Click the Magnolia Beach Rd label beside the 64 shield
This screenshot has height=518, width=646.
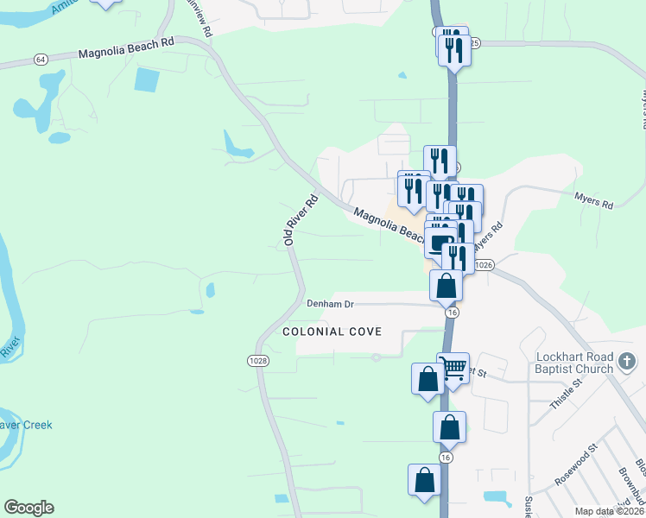point(125,54)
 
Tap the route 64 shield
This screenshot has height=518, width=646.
point(41,59)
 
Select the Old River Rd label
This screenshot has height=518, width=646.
point(301,220)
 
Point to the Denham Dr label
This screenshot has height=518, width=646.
point(331,304)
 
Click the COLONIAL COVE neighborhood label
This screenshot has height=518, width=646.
point(332,332)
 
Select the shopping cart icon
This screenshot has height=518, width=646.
point(453,368)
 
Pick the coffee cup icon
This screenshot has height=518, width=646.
point(440,243)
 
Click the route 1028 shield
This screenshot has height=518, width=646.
point(257,361)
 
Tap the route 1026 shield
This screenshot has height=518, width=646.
point(484,266)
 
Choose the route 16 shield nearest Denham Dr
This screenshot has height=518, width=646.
point(452,313)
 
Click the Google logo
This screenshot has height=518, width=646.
point(28,508)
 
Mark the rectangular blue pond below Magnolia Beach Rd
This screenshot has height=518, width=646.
point(147,80)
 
